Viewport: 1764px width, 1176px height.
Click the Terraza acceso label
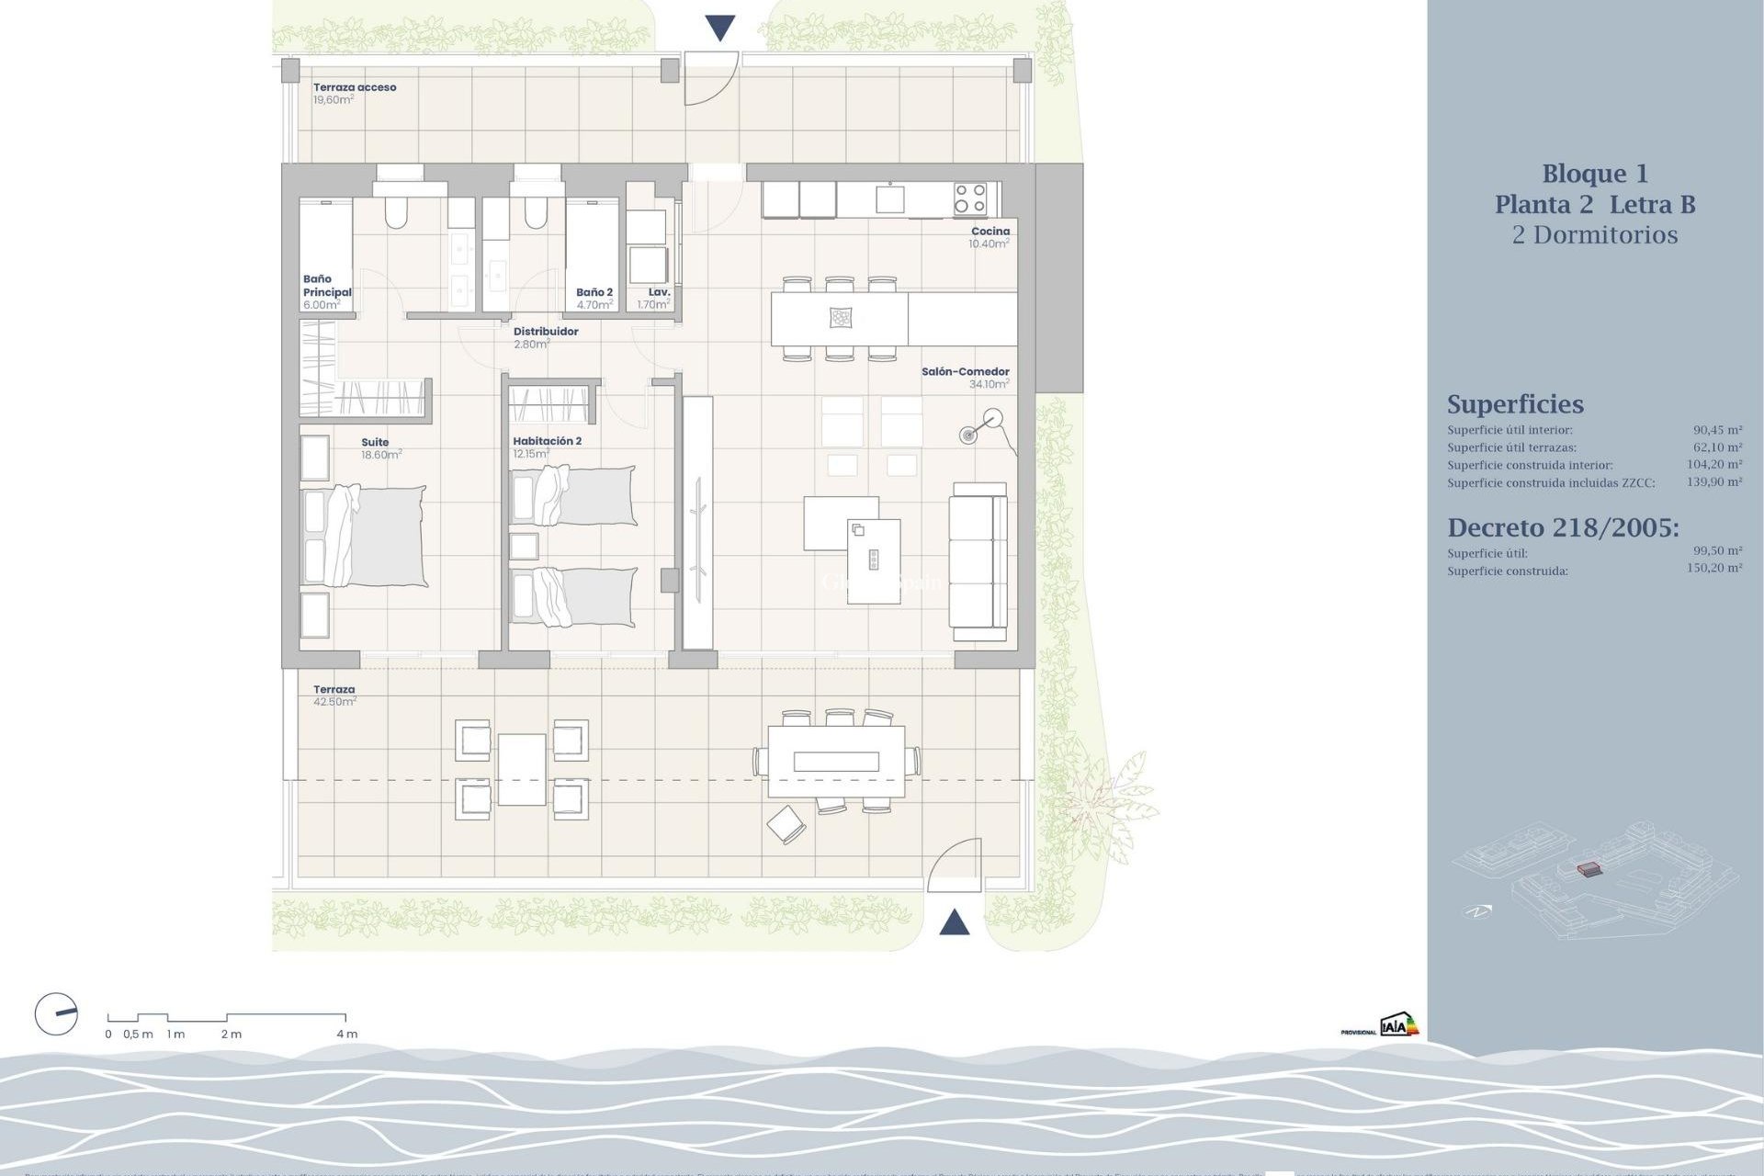click(x=355, y=88)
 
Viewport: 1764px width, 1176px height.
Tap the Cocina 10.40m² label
click(x=989, y=238)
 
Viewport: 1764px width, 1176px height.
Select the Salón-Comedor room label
click(x=965, y=372)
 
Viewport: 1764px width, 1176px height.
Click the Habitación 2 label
click(x=547, y=442)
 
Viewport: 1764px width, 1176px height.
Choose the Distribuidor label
click(x=546, y=332)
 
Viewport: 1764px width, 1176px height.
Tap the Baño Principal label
click(x=326, y=287)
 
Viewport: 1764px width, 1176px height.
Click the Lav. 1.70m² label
click(x=656, y=299)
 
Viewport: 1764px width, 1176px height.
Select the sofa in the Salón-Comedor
click(x=978, y=560)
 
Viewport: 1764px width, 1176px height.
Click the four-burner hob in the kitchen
click(x=969, y=199)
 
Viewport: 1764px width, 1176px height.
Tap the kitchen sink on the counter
click(x=889, y=198)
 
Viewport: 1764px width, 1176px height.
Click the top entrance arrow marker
click(x=720, y=28)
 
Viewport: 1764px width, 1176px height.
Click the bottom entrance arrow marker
click(x=955, y=922)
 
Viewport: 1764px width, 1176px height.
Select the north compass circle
click(x=56, y=1014)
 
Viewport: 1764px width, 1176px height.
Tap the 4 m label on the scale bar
click(x=346, y=1035)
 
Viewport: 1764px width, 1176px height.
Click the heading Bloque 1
click(x=1595, y=174)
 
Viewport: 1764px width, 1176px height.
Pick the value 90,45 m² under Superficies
click(x=1717, y=430)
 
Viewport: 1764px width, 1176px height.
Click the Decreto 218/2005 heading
click(x=1563, y=527)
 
